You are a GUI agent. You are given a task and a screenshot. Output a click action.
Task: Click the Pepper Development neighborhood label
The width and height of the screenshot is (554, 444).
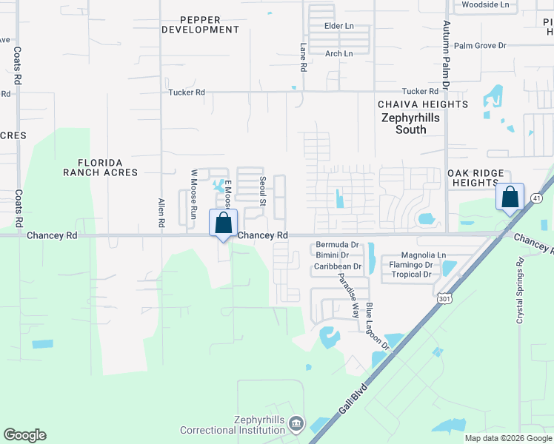pyautogui.click(x=200, y=24)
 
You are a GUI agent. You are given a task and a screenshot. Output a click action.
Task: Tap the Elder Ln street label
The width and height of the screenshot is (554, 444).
pyautogui.click(x=340, y=26)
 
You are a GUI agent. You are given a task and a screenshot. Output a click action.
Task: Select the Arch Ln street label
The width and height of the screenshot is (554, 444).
pyautogui.click(x=339, y=53)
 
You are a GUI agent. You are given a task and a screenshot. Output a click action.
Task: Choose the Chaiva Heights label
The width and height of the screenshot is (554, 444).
pyautogui.click(x=423, y=104)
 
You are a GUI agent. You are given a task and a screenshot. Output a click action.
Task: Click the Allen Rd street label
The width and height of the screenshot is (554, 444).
pyautogui.click(x=161, y=212)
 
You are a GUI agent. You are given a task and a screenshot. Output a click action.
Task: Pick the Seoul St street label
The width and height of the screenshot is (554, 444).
pyautogui.click(x=262, y=191)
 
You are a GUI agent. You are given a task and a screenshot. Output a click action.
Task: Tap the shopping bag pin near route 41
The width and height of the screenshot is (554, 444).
pyautogui.click(x=510, y=198)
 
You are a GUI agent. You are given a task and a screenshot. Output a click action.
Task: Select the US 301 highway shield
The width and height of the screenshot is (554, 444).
pyautogui.click(x=444, y=297)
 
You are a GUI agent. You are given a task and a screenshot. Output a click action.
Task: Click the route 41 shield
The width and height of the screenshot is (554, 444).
pyautogui.click(x=535, y=198)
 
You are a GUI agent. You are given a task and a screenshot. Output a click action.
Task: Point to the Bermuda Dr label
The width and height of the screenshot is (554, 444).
pyautogui.click(x=337, y=244)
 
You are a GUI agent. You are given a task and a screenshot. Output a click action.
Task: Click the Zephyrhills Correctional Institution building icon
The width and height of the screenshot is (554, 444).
pyautogui.click(x=296, y=423)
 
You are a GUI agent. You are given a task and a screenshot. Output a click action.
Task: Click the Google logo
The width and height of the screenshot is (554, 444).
pyautogui.click(x=24, y=435)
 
